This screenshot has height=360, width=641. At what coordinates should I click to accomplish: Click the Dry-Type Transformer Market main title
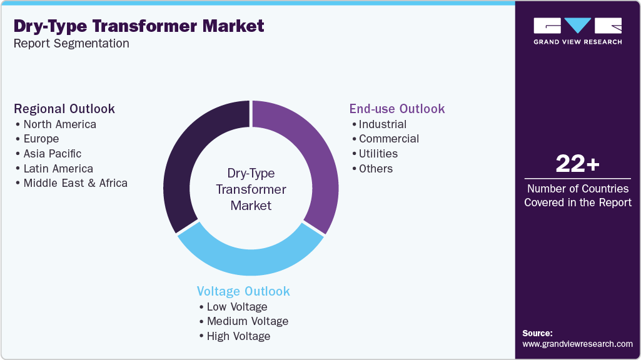coord(139,26)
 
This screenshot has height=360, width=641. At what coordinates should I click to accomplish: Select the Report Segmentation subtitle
coord(71,44)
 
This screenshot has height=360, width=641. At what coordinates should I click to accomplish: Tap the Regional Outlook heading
coord(64,109)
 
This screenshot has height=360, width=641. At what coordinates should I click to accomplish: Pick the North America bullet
coord(60,124)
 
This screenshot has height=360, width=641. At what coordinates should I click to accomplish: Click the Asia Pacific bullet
coord(53,154)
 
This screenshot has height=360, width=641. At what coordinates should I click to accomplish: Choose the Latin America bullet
coord(58,169)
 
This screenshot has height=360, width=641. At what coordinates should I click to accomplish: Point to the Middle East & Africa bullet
coord(75,183)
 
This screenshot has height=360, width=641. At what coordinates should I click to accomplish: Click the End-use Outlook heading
coord(397,109)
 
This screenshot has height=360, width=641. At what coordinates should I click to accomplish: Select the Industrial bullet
coord(383,124)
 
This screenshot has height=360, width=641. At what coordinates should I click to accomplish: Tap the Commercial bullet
coord(389,139)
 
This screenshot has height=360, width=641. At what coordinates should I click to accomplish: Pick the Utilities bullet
coord(378,154)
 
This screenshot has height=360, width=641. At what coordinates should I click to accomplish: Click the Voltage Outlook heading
coord(243,291)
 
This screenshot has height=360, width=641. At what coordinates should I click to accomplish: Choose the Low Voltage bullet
coord(237,307)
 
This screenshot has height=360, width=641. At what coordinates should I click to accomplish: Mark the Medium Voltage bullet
coord(248,321)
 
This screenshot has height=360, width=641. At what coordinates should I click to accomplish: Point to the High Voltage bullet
coord(239,336)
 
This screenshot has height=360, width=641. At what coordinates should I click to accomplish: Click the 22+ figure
coord(577,164)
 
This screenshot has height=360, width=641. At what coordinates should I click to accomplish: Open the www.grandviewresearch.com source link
coord(577,344)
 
